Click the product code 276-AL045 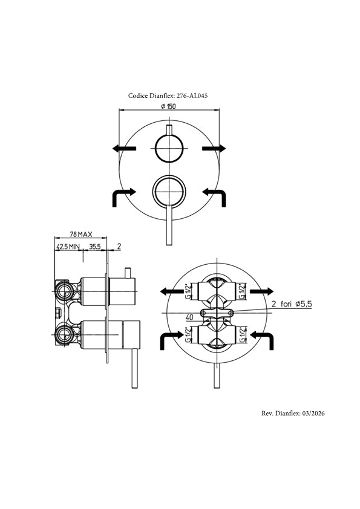192,96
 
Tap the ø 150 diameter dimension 168,106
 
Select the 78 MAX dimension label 81,234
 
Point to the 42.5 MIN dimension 68,247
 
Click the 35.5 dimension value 95,247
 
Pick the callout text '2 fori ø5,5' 292,304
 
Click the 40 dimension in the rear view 190,317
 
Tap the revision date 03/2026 313,413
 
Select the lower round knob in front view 169,191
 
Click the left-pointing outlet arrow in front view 124,149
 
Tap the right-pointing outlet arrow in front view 214,149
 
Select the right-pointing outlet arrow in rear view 261,291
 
